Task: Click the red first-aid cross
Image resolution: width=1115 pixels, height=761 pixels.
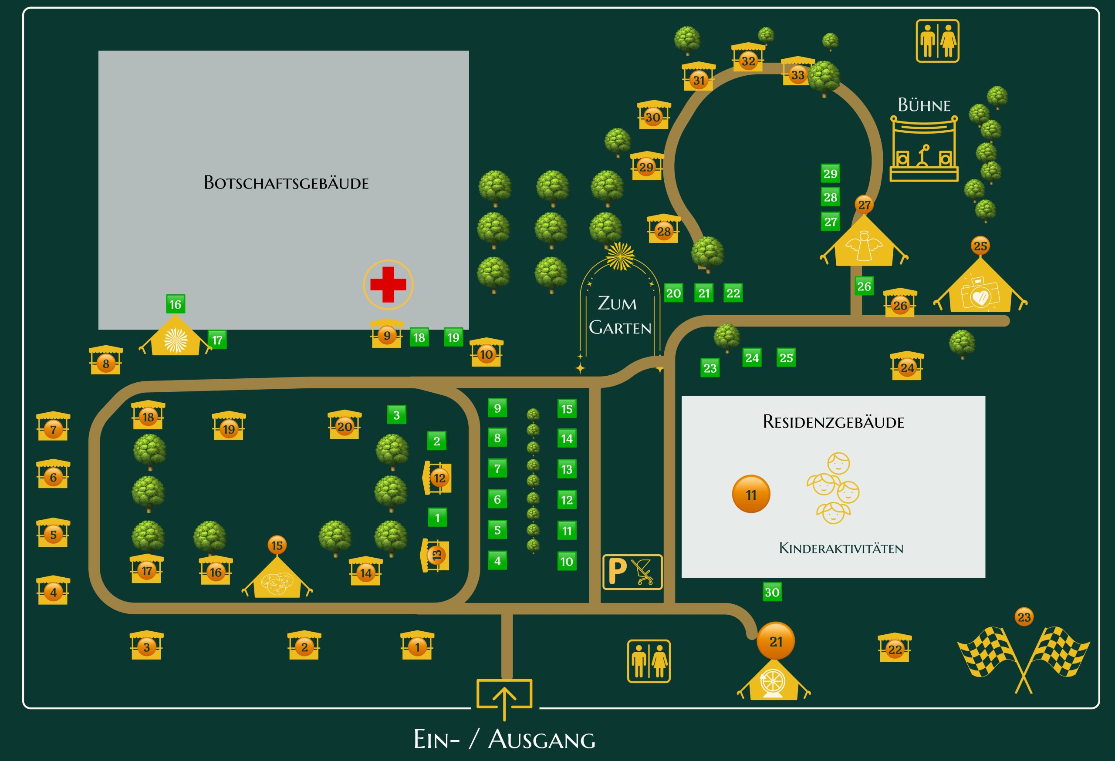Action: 388,284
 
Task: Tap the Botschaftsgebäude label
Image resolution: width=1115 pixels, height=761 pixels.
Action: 286,183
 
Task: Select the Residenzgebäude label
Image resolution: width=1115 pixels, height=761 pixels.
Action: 833,421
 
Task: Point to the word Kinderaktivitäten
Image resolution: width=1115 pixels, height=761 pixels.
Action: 841,548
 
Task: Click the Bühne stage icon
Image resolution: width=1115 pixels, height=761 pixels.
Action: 923,148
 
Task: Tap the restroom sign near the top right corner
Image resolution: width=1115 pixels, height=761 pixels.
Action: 937,41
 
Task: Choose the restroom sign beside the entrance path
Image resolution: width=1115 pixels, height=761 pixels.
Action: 649,661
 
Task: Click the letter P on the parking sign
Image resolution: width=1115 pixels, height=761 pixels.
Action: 617,572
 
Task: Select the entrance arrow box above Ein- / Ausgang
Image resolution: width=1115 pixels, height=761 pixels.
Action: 504,694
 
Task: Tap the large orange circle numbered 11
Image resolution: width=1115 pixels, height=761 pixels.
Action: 751,495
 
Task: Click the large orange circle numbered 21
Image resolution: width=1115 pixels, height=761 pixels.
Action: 775,641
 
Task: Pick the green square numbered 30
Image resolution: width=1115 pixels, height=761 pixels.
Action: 772,592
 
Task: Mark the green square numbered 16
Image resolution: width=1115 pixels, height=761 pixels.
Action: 175,304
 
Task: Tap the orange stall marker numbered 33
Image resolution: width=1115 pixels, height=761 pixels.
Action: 797,75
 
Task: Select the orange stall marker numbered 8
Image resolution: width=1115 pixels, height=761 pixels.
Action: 106,363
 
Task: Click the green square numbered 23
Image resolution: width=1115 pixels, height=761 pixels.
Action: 710,368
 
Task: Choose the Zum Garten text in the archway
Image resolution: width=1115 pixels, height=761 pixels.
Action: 619,316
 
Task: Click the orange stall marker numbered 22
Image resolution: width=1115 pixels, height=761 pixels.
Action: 895,649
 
